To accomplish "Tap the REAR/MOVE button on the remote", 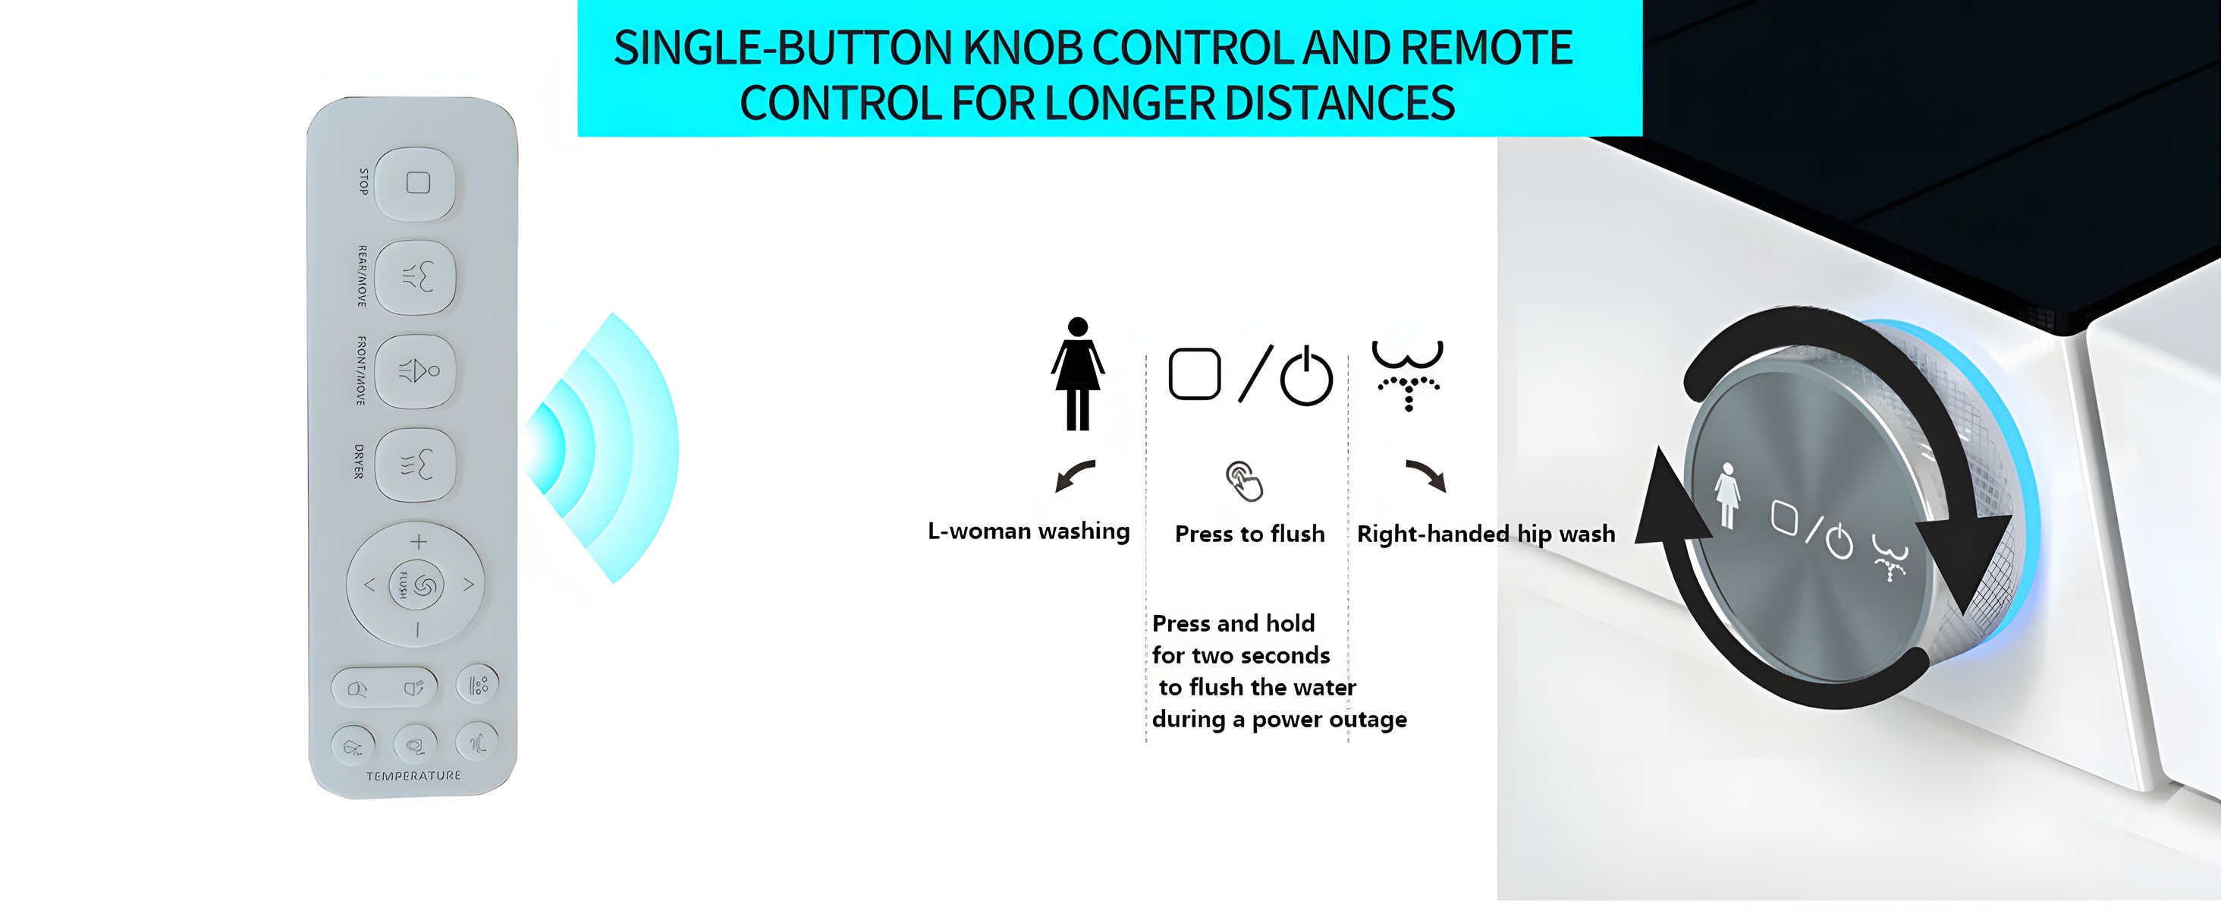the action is [416, 277].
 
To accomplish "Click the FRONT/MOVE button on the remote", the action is [416, 371].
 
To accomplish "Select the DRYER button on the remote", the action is [416, 465].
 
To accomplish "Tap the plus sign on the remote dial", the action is [418, 542].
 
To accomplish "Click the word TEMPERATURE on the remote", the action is [414, 776].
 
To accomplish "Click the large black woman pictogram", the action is [1077, 374].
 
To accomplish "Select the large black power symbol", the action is [1306, 376].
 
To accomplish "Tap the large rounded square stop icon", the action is [1194, 374].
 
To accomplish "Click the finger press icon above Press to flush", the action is [1245, 481].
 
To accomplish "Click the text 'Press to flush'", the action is [1249, 534].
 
